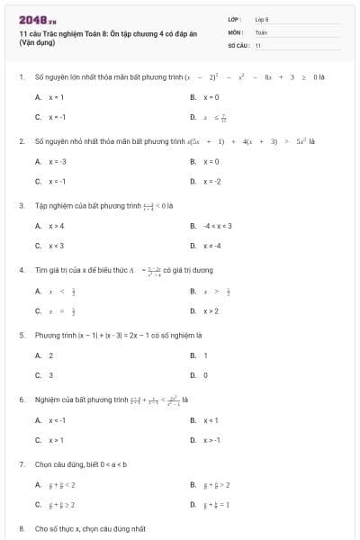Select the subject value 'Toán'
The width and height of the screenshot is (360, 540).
point(261,31)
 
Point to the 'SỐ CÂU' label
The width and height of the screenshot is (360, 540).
point(238,44)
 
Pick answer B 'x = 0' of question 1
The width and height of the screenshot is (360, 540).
point(211,96)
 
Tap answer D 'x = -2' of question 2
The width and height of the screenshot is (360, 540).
point(211,181)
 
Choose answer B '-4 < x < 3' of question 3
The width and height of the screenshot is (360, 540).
point(219,226)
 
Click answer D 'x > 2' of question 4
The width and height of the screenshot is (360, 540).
point(211,310)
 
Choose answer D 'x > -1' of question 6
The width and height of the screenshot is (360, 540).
point(211,439)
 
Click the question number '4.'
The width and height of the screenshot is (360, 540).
point(21,269)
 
